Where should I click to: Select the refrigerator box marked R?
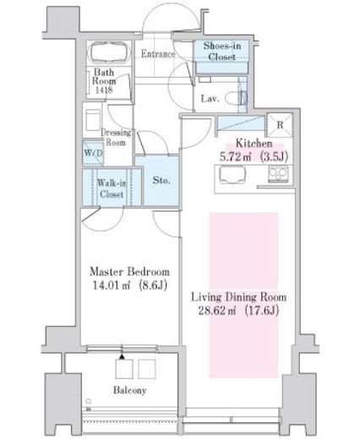pyautogui.click(x=280, y=125)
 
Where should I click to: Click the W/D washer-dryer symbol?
pyautogui.click(x=93, y=153)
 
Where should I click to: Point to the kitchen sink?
pyautogui.click(x=232, y=175)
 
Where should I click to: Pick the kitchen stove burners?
pyautogui.click(x=278, y=174)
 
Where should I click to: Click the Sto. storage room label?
pyautogui.click(x=161, y=180)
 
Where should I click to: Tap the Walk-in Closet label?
pyautogui.click(x=112, y=188)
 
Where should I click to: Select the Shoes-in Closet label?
pyautogui.click(x=222, y=51)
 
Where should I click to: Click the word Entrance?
pyautogui.click(x=158, y=53)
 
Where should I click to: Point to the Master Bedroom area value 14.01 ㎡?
pyautogui.click(x=111, y=285)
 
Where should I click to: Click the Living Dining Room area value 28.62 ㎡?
pyautogui.click(x=216, y=311)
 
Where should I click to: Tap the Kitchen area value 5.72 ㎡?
pyautogui.click(x=235, y=157)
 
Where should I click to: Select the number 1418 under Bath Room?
pyautogui.click(x=104, y=90)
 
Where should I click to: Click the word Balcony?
pyautogui.click(x=130, y=390)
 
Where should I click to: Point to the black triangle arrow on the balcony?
pyautogui.click(x=122, y=357)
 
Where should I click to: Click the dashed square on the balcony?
pyautogui.click(x=147, y=369)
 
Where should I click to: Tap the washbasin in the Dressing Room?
pyautogui.click(x=93, y=120)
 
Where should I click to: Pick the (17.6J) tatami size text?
pyautogui.click(x=262, y=311)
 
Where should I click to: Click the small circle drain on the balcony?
pyautogui.click(x=89, y=401)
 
